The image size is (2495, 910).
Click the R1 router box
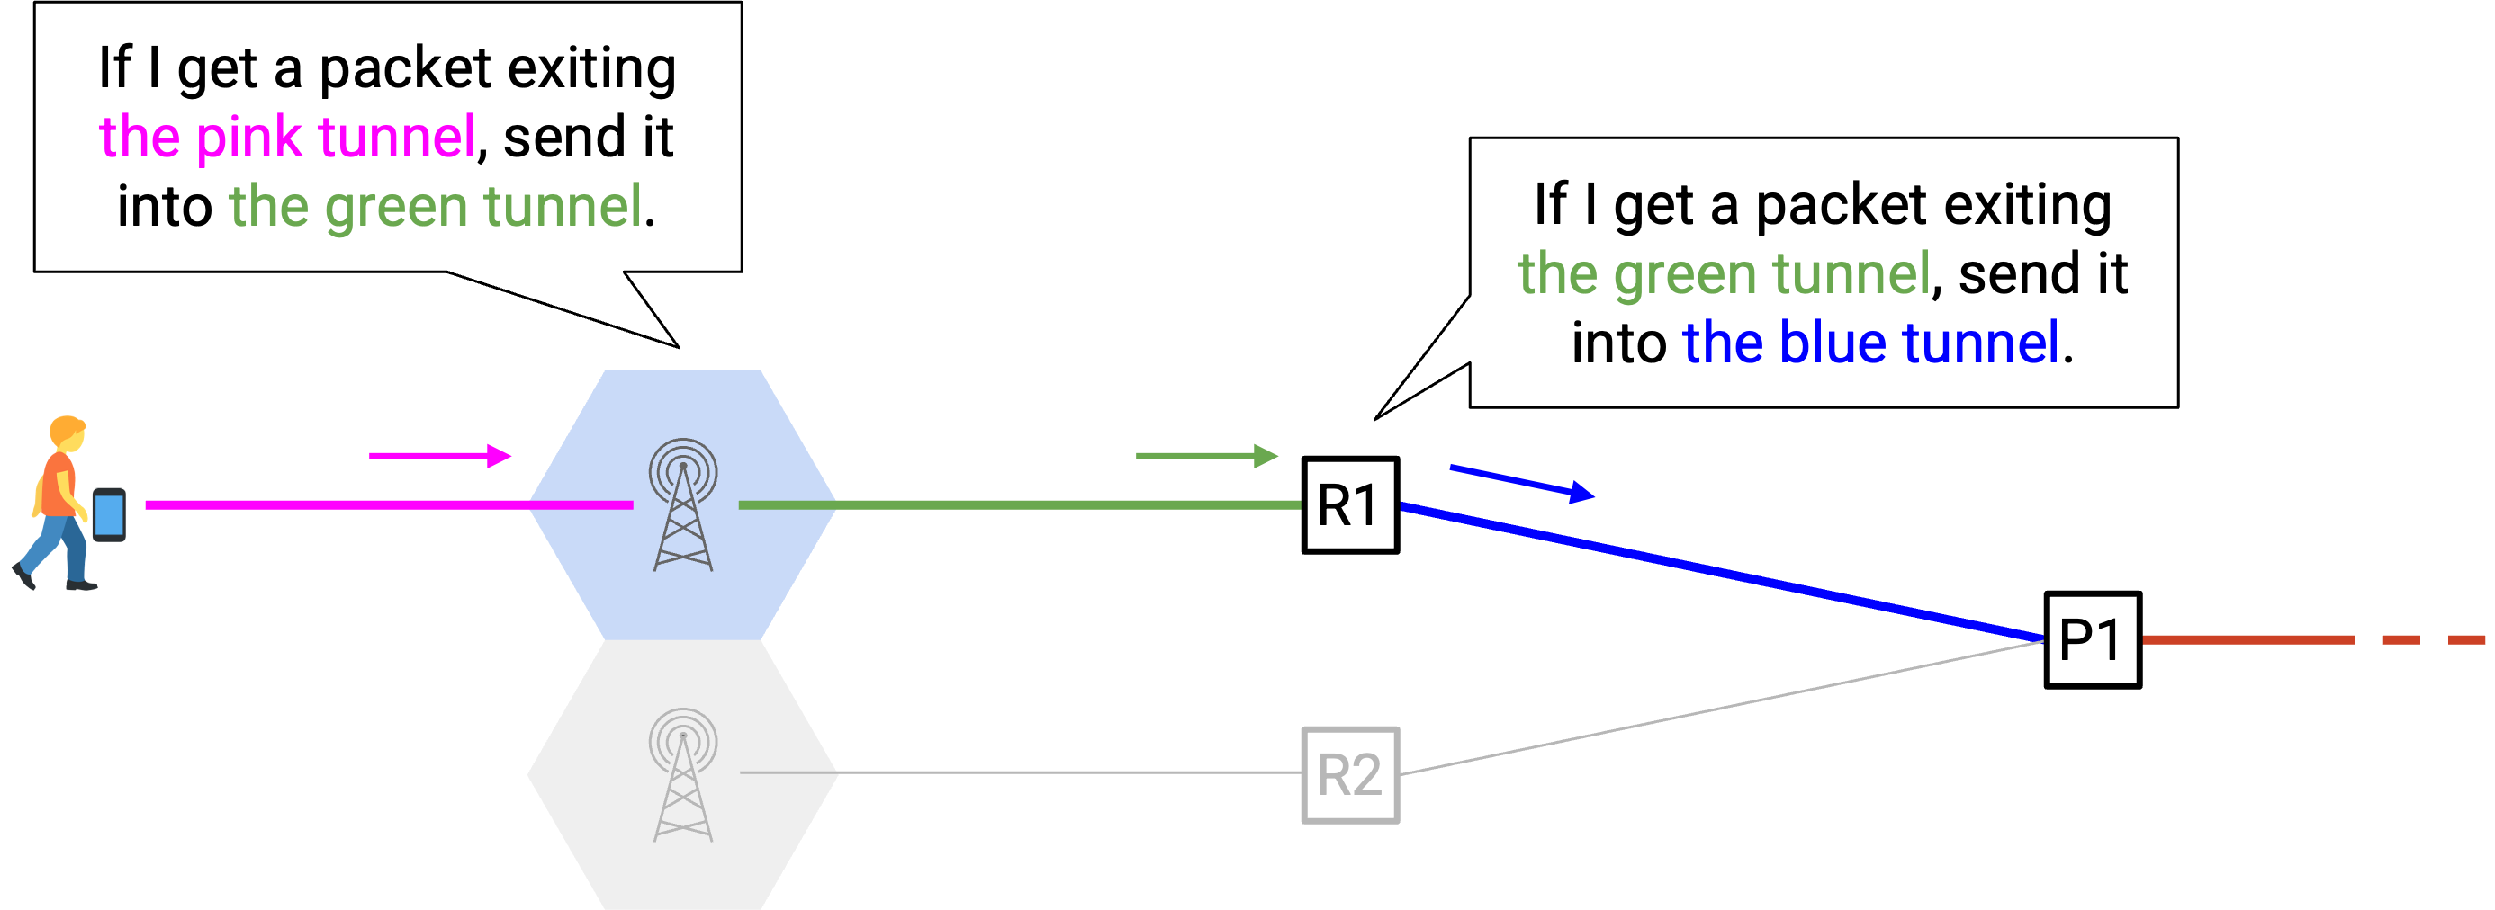coord(1350,505)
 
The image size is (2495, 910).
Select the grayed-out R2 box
coord(1350,775)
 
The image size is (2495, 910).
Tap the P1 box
coord(2092,640)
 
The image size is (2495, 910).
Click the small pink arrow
coord(440,456)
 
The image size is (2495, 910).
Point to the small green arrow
coord(1207,456)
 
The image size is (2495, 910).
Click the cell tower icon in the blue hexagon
coord(683,504)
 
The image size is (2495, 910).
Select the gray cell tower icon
coord(683,774)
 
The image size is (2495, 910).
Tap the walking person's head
coord(68,433)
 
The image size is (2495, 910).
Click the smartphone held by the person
coord(109,515)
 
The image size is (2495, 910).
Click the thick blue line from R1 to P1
coord(1722,572)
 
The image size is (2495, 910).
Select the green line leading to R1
coord(1020,505)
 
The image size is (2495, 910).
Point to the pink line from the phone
coord(389,505)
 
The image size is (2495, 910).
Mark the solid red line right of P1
coord(2248,640)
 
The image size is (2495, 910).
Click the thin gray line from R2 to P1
coord(1722,708)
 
